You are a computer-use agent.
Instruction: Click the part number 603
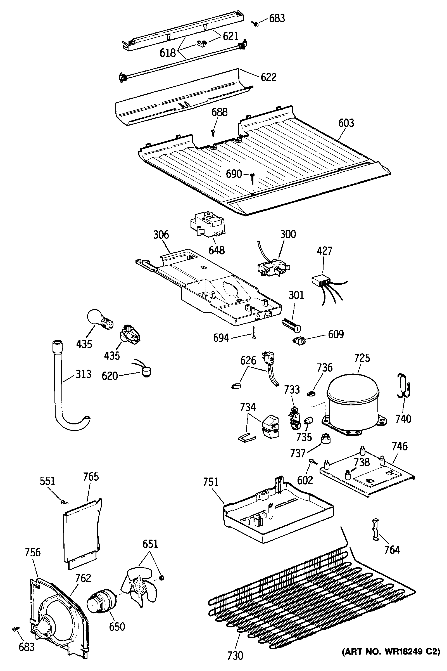point(346,123)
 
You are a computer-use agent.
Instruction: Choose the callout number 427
point(325,251)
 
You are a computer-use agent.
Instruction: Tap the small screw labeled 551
point(63,502)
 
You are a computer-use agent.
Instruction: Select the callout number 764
point(392,550)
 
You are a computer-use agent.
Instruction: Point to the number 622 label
point(268,77)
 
